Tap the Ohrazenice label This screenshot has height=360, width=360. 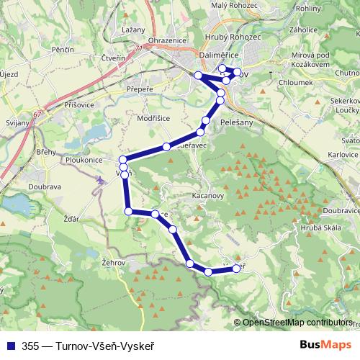tap(167, 40)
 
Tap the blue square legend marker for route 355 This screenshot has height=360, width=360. tap(9, 344)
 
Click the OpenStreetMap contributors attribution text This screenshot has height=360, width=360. tap(297, 323)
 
